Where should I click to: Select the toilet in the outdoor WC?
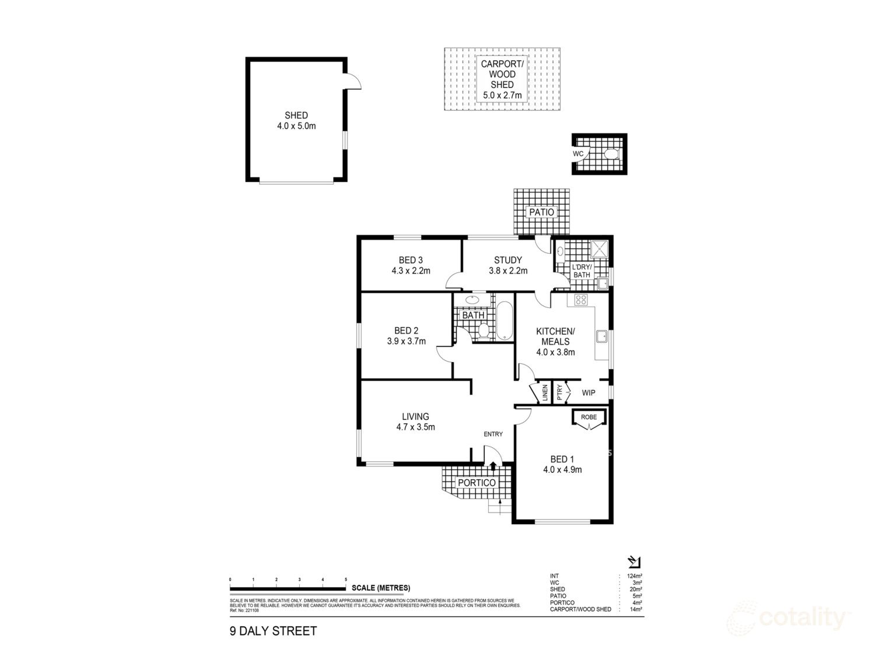(x=610, y=154)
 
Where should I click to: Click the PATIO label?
(x=541, y=212)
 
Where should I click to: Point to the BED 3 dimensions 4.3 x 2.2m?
(x=411, y=271)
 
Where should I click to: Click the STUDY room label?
(x=508, y=260)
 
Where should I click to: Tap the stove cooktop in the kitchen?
(x=581, y=300)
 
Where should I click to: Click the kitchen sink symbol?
(x=601, y=337)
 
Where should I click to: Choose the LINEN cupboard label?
(x=544, y=392)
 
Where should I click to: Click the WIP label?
(x=589, y=392)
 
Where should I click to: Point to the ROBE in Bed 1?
(x=589, y=418)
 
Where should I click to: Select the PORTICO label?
(x=477, y=483)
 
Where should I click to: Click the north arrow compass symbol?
(x=634, y=562)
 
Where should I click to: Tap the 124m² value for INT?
(x=634, y=576)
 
